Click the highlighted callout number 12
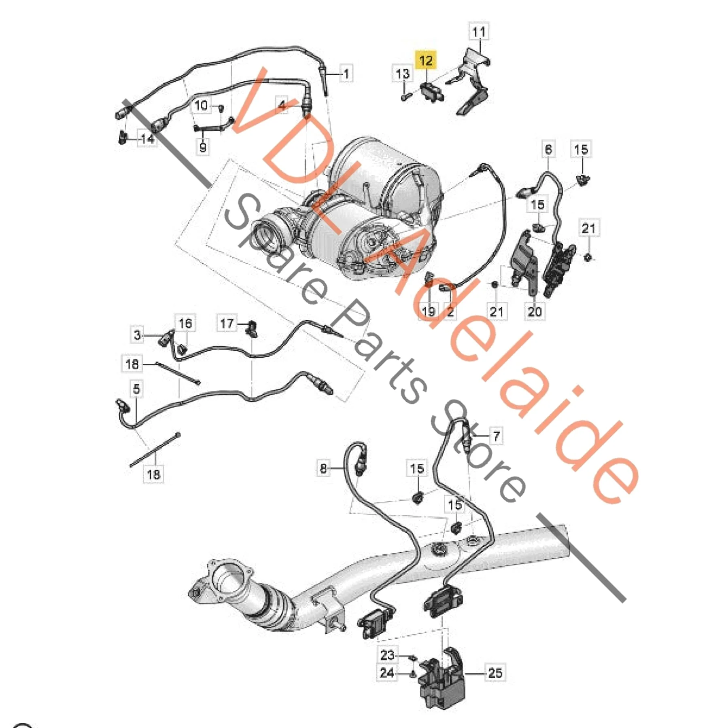[426, 61]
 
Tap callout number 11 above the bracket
[479, 32]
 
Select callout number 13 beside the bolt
[402, 74]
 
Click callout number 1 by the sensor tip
[346, 74]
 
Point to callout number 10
[201, 106]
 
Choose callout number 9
[203, 146]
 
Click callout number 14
[147, 139]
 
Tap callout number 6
[548, 149]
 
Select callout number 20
[535, 311]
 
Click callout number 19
[428, 311]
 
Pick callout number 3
[138, 335]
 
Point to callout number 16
[185, 323]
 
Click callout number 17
[227, 323]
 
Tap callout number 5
[136, 389]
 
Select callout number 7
[496, 436]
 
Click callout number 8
[323, 468]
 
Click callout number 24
[387, 673]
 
